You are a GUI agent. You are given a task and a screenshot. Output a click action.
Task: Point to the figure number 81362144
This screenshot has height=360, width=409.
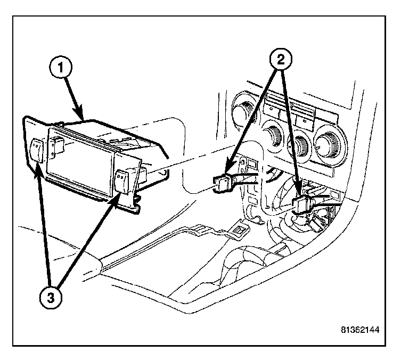pyautogui.click(x=361, y=330)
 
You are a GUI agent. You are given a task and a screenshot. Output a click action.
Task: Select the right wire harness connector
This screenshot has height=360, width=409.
pyautogui.click(x=301, y=203)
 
